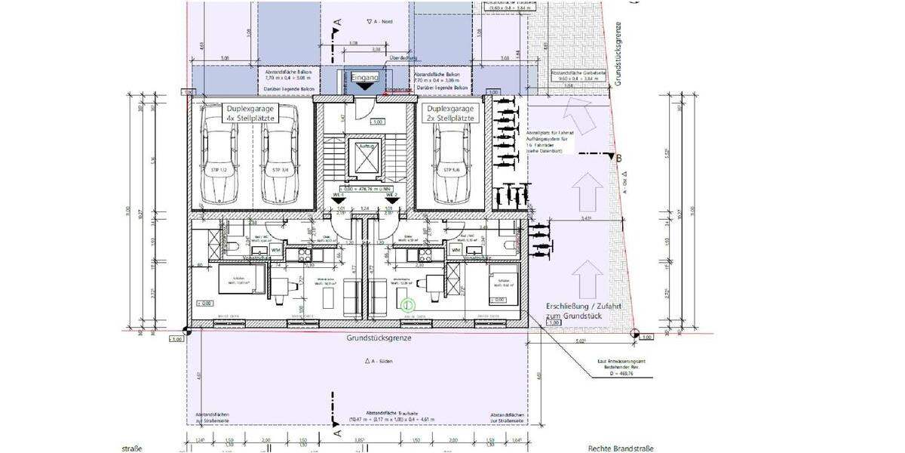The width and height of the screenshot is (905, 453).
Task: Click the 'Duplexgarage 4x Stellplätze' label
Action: click(x=249, y=114)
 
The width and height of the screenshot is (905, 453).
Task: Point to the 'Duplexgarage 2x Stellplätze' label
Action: click(x=449, y=114)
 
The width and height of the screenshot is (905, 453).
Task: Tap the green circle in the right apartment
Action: click(x=407, y=305)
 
